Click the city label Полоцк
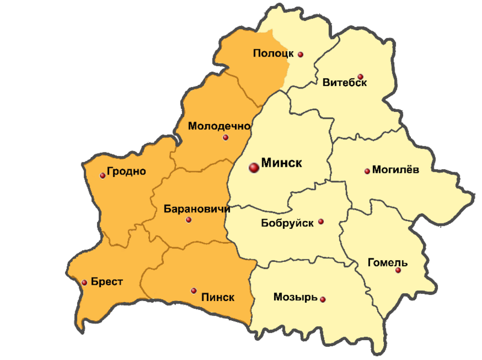click(x=273, y=54)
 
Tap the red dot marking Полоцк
click(x=301, y=54)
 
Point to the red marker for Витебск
click(x=360, y=76)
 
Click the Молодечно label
click(x=219, y=126)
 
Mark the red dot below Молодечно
click(x=226, y=137)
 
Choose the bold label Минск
click(x=281, y=163)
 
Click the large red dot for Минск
click(x=254, y=167)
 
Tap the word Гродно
click(x=126, y=171)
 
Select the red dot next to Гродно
click(x=103, y=176)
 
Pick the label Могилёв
click(x=395, y=170)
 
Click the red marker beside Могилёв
click(x=367, y=171)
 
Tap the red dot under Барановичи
click(x=189, y=220)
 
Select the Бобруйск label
click(x=287, y=223)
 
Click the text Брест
click(x=107, y=281)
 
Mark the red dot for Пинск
click(x=193, y=290)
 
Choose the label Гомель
click(x=387, y=262)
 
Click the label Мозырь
click(x=295, y=297)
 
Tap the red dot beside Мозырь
click(x=323, y=299)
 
